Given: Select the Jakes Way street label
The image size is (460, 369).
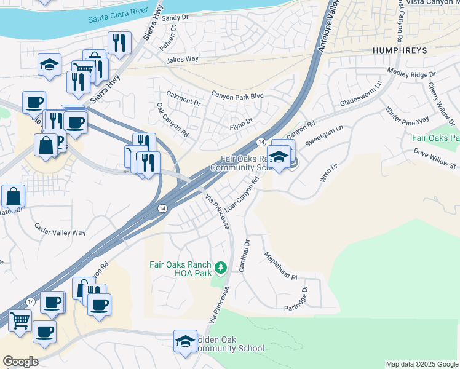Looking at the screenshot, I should [183, 60].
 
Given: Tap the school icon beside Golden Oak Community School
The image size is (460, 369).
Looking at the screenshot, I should [184, 341].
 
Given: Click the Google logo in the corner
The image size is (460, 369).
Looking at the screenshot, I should [20, 362].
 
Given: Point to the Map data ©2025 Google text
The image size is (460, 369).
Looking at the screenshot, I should [421, 364].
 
